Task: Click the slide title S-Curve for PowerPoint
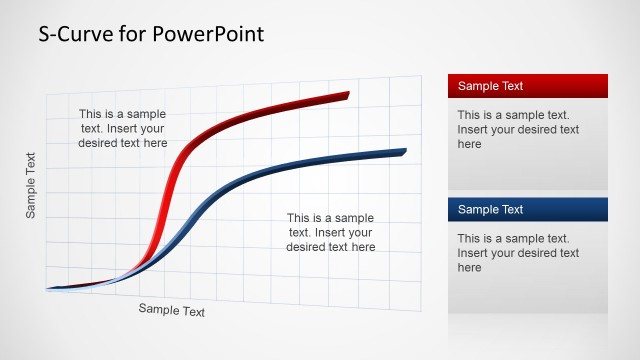(x=151, y=34)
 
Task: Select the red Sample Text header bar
(x=528, y=86)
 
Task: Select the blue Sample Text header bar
(x=528, y=209)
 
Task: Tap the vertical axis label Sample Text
(x=31, y=185)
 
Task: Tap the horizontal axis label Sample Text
(x=171, y=310)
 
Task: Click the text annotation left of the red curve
(x=122, y=128)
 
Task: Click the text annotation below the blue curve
(x=330, y=232)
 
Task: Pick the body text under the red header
(x=518, y=129)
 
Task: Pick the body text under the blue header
(x=518, y=253)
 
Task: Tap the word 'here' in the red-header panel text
(x=470, y=144)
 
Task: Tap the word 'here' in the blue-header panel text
(x=470, y=268)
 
